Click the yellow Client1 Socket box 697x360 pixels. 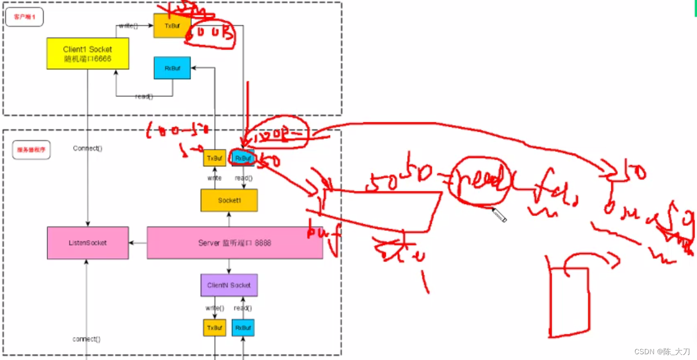tap(88, 54)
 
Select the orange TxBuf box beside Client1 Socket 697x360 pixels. tap(172, 26)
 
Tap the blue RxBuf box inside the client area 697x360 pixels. tap(172, 68)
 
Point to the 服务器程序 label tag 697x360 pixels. tap(31, 150)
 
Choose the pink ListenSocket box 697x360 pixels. tap(88, 243)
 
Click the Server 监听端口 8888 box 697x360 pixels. tap(235, 243)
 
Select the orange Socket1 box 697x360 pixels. tap(229, 200)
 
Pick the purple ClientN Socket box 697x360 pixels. tap(229, 285)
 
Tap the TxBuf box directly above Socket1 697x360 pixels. tap(215, 158)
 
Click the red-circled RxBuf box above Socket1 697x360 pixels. tap(243, 158)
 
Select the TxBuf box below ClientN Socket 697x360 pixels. tap(215, 328)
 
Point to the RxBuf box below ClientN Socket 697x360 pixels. tap(243, 328)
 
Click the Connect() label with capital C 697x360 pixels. tap(88, 148)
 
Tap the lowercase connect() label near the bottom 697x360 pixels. tap(87, 339)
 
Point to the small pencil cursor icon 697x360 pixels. tap(499, 216)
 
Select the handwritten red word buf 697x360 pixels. tap(323, 233)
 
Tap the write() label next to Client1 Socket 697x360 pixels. tap(128, 26)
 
